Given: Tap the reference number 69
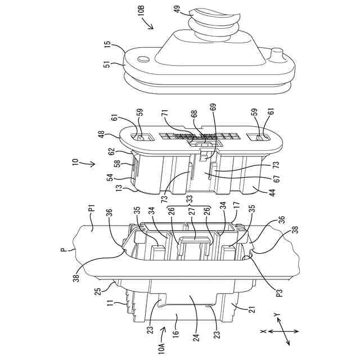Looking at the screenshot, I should coord(213,106).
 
